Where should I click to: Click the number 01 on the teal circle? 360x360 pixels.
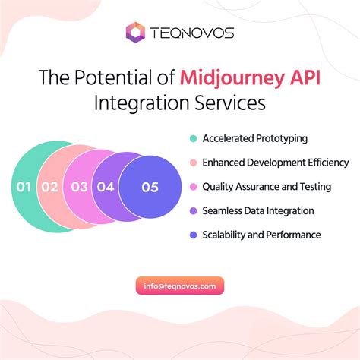point(24,186)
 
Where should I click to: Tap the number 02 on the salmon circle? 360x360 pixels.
point(50,186)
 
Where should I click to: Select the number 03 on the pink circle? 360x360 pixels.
point(78,186)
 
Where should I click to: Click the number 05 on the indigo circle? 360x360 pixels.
point(150,186)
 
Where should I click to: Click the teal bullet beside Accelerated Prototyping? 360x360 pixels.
point(193,138)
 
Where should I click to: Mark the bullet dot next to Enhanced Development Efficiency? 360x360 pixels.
point(193,163)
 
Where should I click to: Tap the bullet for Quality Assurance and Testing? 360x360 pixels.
point(193,186)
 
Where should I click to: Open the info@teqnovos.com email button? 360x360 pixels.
point(180,286)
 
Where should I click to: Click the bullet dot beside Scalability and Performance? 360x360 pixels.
point(193,235)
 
